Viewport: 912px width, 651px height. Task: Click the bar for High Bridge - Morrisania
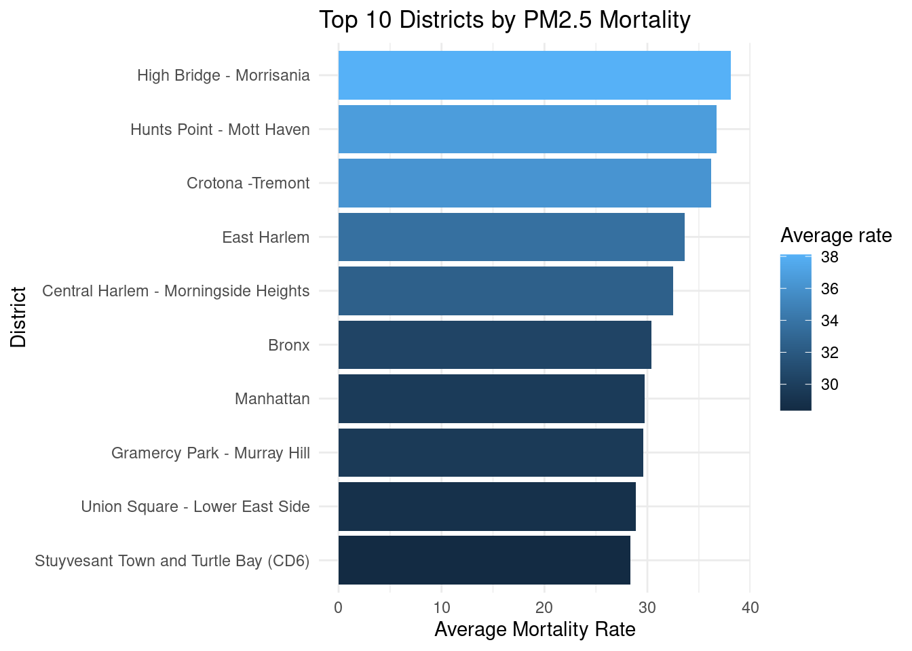[534, 75]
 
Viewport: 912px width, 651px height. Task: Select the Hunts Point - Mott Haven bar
[527, 129]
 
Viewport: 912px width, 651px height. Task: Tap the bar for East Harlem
[511, 237]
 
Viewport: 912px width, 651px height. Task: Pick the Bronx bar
[495, 344]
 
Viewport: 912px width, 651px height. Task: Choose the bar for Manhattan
[491, 399]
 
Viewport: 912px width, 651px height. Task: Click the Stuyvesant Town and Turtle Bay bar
[484, 560]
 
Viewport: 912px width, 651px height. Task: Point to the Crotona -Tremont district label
[248, 183]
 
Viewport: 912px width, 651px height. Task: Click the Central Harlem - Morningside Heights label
[176, 291]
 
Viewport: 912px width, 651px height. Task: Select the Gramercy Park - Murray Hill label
[210, 452]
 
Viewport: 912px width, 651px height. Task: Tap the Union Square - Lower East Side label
[195, 507]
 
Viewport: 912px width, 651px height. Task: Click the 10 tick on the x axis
[441, 608]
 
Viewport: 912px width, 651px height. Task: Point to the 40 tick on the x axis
[750, 608]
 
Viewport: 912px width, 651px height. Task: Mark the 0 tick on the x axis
[339, 608]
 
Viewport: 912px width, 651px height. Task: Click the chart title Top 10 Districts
[504, 20]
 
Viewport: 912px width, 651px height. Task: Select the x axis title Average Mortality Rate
[535, 629]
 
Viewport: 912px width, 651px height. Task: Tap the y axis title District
[18, 317]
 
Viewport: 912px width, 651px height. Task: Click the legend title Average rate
[836, 235]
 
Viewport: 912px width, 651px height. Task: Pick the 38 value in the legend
[829, 257]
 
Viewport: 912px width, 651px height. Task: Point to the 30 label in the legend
[829, 384]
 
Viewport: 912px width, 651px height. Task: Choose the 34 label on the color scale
[829, 321]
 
